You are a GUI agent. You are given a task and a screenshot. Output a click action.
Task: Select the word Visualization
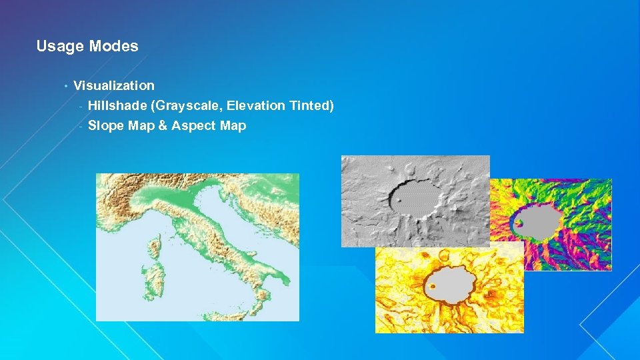click(113, 85)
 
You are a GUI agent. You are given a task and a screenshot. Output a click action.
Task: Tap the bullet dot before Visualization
click(66, 86)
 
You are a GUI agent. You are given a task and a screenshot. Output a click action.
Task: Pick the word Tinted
click(311, 105)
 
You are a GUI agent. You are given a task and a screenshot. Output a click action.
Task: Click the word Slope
click(103, 125)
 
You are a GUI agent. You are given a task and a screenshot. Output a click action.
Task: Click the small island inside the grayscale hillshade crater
click(399, 200)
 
